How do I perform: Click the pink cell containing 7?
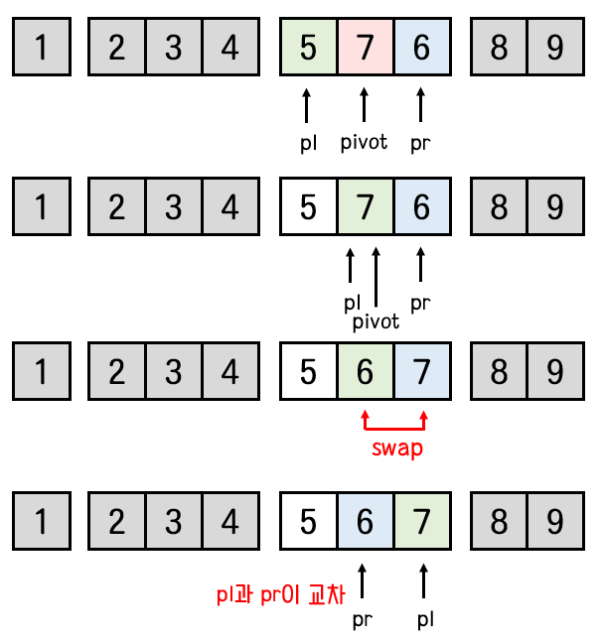(x=365, y=47)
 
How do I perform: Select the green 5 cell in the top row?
(x=309, y=47)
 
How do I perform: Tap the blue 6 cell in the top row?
(x=421, y=47)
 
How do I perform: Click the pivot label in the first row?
(x=364, y=142)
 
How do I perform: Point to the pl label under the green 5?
(x=308, y=142)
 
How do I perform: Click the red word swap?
(x=396, y=449)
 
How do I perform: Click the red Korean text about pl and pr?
(x=281, y=594)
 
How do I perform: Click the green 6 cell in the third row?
(x=365, y=372)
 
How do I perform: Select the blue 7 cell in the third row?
(x=421, y=372)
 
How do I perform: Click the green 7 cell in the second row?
(x=365, y=208)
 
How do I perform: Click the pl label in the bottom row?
(x=424, y=620)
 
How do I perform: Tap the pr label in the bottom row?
(x=364, y=620)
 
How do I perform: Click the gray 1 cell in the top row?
(x=41, y=47)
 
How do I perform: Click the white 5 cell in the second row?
(x=309, y=208)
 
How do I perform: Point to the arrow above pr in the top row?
(x=421, y=104)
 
